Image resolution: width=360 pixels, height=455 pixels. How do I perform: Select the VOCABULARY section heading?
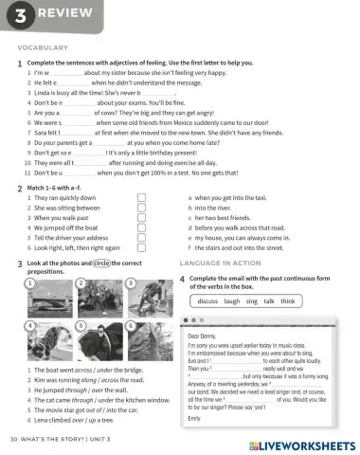[x=44, y=45]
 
